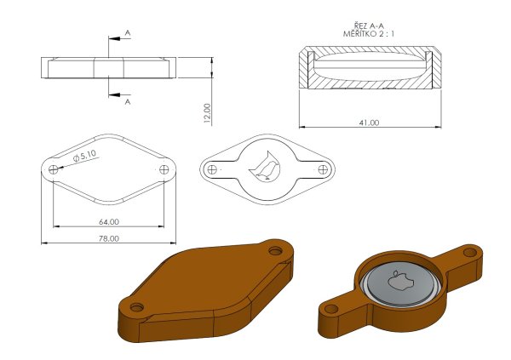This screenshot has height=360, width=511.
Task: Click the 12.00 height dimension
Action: pos(207,113)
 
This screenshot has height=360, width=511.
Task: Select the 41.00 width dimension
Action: pos(370,123)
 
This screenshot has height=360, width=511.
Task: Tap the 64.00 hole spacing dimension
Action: pos(109,222)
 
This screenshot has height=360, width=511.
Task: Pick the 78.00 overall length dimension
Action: pos(109,238)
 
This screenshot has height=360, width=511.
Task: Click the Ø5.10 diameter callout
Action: pos(85,156)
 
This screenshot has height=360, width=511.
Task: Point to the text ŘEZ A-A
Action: pos(369,26)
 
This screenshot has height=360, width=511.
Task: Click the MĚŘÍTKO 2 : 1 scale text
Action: pos(369,33)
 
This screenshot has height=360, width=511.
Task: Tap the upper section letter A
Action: pos(128,33)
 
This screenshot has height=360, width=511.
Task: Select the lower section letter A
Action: pos(128,101)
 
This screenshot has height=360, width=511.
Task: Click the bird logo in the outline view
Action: pos(265,166)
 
